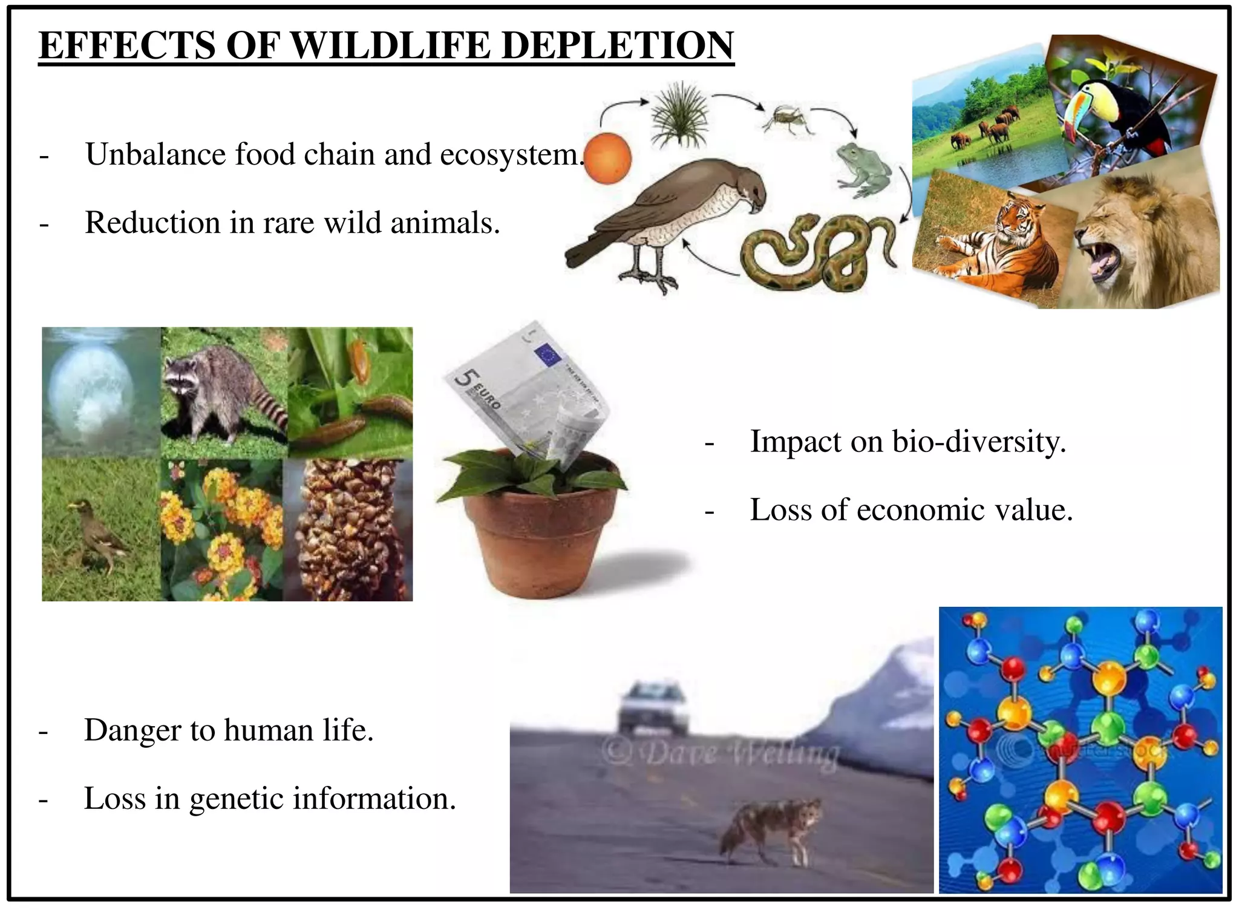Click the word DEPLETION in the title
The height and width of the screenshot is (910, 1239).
[x=617, y=45]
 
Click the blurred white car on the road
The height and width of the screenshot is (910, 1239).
[x=653, y=708]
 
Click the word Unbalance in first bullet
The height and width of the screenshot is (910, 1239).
[x=155, y=154]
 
